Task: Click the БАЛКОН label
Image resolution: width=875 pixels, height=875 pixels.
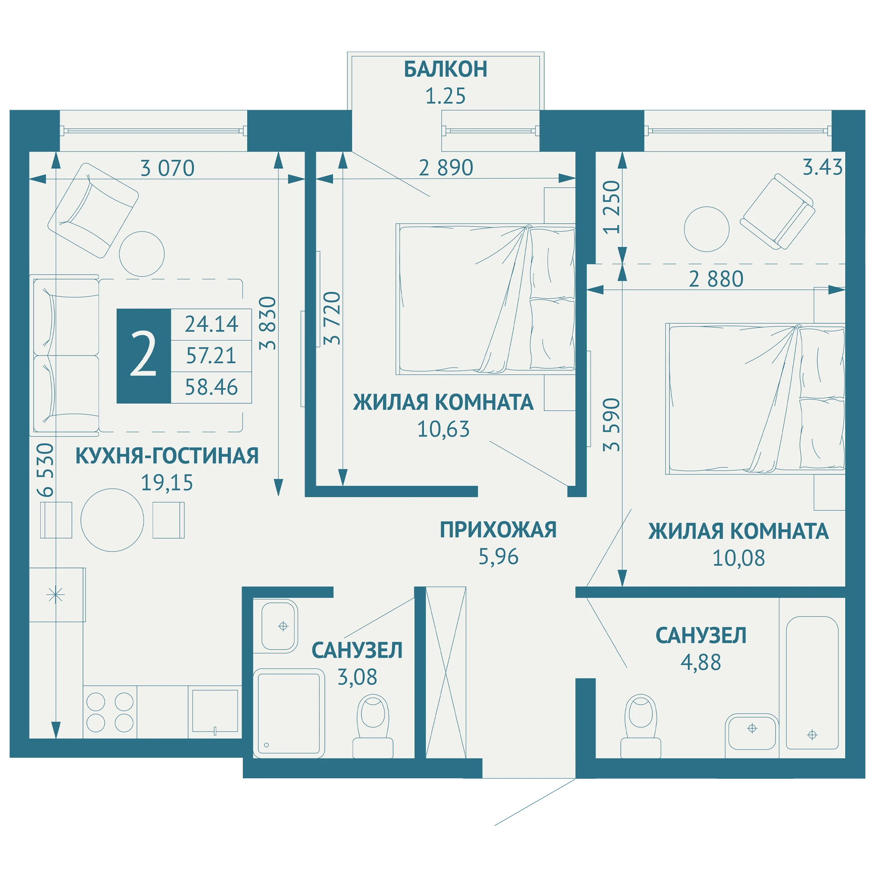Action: coord(446,69)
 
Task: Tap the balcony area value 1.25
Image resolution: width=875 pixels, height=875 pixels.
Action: coord(445,96)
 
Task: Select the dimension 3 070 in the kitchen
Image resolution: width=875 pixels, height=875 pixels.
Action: coord(168,168)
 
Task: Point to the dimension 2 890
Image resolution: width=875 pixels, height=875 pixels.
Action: coord(446,168)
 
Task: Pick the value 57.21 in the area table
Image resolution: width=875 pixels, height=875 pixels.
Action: coord(211,356)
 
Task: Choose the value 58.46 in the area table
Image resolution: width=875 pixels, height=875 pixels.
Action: coord(211,387)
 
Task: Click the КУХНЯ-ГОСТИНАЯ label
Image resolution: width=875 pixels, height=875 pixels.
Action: coord(167,455)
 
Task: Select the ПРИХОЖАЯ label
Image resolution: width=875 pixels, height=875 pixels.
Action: coord(498,529)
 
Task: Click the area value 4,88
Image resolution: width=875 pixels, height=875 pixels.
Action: coord(700,662)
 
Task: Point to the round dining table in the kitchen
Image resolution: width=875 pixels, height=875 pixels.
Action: coord(112,520)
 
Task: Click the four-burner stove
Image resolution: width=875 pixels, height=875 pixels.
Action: coord(110,712)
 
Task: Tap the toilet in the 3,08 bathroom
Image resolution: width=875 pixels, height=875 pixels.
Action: coord(373,726)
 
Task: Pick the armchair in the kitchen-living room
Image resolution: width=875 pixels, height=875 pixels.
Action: coord(93,210)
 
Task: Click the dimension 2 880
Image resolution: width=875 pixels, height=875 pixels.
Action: coord(716,279)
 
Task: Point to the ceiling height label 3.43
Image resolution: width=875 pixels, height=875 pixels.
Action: coord(822,167)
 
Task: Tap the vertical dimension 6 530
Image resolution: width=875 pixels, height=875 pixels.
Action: coord(46,469)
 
